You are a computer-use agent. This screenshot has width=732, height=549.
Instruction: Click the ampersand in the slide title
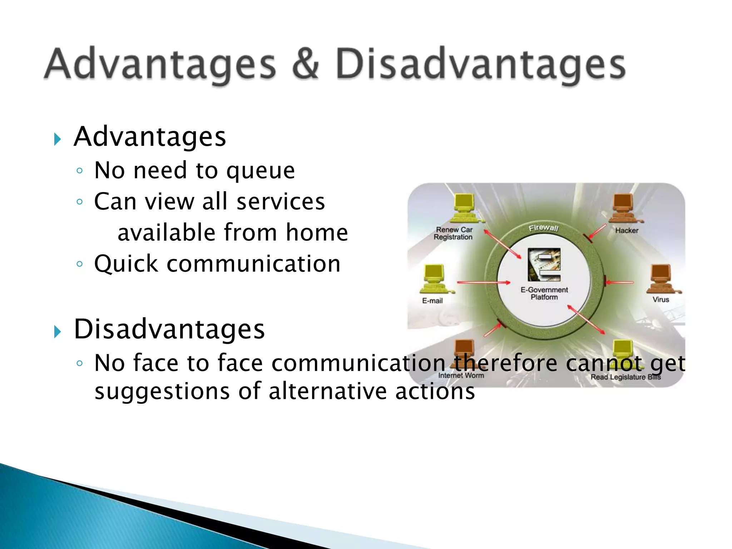pyautogui.click(x=305, y=64)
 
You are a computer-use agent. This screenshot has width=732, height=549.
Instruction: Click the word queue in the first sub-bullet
pyautogui.click(x=261, y=171)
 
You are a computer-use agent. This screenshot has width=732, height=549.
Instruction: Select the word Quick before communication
pyautogui.click(x=126, y=264)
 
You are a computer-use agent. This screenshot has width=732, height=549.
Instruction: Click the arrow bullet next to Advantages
pyautogui.click(x=57, y=139)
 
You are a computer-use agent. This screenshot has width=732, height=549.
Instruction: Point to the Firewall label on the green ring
pyautogui.click(x=543, y=228)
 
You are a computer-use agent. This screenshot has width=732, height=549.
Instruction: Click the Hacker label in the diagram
pyautogui.click(x=627, y=231)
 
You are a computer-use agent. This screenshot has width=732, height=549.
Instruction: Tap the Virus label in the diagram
pyautogui.click(x=661, y=300)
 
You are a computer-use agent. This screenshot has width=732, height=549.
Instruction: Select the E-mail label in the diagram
pyautogui.click(x=432, y=301)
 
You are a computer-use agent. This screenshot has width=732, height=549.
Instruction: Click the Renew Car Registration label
pyautogui.click(x=453, y=233)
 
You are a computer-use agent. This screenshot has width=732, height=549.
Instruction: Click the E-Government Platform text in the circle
pyautogui.click(x=544, y=293)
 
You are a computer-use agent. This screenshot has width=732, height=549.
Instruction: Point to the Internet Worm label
pyautogui.click(x=461, y=375)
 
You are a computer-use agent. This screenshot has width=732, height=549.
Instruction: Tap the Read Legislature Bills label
pyautogui.click(x=625, y=377)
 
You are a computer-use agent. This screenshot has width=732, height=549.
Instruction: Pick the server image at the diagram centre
pyautogui.click(x=544, y=265)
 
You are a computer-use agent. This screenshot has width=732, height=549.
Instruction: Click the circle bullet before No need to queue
pyautogui.click(x=80, y=171)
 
